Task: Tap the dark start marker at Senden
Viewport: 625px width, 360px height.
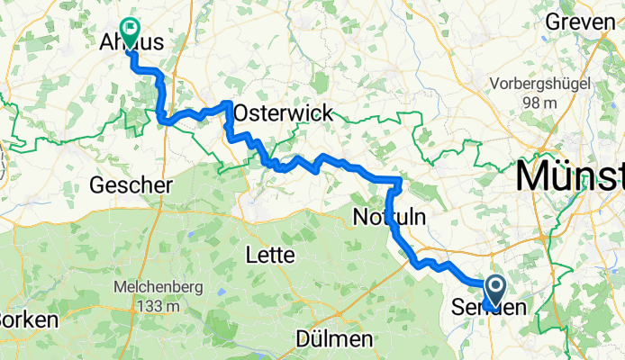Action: coord(495,291)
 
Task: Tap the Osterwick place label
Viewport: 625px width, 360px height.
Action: coord(283,113)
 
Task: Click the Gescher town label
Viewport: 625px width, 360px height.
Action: coord(131,184)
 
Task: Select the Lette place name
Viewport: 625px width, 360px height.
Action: coord(270,256)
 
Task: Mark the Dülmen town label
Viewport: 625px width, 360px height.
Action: coord(334,340)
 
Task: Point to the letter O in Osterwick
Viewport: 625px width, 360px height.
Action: coord(241,113)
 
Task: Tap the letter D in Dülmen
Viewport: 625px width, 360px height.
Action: coord(303,340)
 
